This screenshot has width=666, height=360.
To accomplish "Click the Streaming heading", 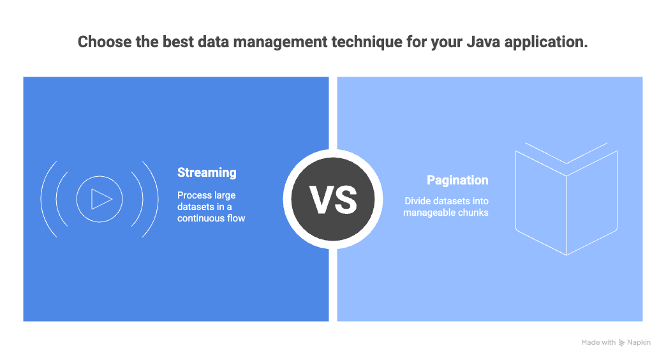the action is click(x=207, y=172).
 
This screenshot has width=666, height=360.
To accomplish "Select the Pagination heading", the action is click(x=457, y=181).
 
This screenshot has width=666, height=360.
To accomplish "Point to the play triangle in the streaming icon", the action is click(x=101, y=199).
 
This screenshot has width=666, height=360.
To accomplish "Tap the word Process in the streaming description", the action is click(x=194, y=195).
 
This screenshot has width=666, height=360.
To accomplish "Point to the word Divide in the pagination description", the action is click(x=418, y=200).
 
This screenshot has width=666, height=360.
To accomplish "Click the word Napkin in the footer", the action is click(x=639, y=343).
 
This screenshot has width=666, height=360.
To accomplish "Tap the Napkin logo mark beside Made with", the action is click(x=622, y=343).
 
